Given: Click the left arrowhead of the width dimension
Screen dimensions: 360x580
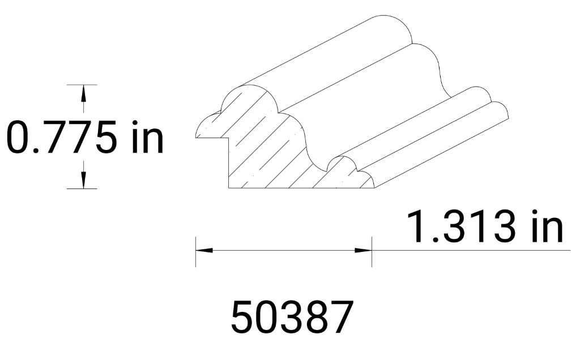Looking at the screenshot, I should pyautogui.click(x=204, y=250).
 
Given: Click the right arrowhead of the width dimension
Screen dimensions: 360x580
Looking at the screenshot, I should pyautogui.click(x=363, y=250).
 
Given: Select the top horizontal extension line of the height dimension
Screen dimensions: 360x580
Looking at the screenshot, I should pyautogui.click(x=82, y=84).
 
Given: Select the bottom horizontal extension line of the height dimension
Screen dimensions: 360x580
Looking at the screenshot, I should pyautogui.click(x=82, y=188).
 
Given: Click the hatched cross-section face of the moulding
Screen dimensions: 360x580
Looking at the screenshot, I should pyautogui.click(x=266, y=153).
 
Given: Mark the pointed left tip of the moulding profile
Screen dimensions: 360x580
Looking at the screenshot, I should pyautogui.click(x=197, y=136).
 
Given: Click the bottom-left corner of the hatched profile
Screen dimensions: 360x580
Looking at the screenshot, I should pyautogui.click(x=228, y=188).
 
